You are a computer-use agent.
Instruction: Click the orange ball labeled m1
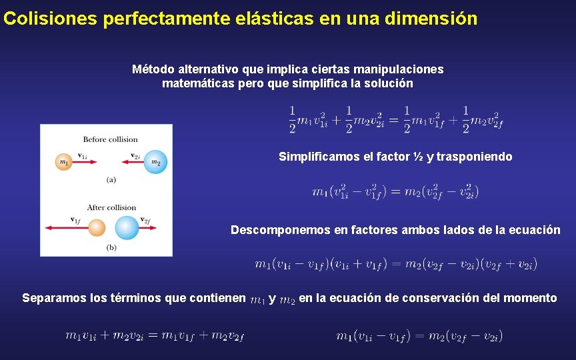[x=64, y=161]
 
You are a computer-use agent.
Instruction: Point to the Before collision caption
[x=110, y=139]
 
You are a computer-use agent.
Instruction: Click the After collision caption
[x=111, y=207]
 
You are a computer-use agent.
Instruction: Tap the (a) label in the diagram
[x=111, y=179]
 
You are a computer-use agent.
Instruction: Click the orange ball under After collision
[x=97, y=228]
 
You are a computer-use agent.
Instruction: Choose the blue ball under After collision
[x=126, y=228]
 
